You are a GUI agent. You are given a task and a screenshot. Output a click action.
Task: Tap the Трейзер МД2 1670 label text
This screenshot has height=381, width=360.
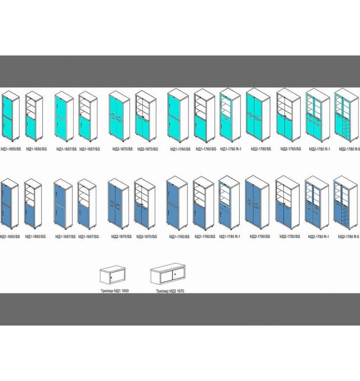click(170, 292)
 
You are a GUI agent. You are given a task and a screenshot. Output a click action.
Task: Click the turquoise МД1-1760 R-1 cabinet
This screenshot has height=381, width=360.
click(230, 115)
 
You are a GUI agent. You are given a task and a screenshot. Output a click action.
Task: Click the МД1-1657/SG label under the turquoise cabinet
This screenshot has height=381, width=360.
click(91, 149)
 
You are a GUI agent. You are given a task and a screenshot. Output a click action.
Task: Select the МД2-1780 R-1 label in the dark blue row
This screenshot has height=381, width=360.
click(317, 237)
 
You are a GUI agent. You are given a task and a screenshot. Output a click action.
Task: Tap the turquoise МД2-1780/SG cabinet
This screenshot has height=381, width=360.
click(288, 116)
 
